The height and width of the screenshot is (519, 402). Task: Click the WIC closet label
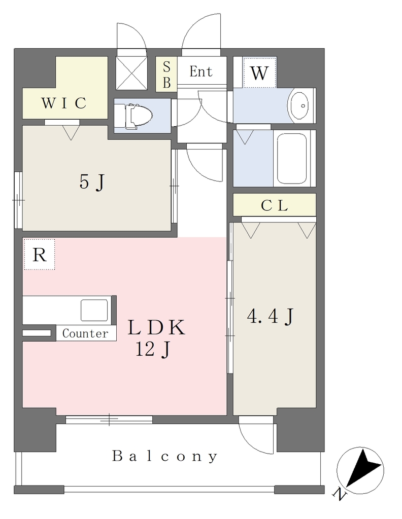point(63,103)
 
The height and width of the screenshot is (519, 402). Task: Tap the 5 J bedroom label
point(92,182)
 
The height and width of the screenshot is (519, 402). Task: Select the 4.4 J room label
point(270,316)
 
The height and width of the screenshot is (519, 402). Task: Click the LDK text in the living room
point(156,328)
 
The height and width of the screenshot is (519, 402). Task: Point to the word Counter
point(85,333)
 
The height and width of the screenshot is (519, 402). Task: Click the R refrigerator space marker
point(40,254)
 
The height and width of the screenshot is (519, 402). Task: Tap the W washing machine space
point(259,73)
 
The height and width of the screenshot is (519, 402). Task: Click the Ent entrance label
point(201,71)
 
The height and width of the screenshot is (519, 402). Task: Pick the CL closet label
point(274,206)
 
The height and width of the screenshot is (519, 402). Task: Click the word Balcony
point(165,457)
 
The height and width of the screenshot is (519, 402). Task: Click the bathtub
point(292,158)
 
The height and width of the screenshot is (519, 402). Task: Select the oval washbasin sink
point(300,105)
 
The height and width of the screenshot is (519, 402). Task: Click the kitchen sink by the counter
point(94,310)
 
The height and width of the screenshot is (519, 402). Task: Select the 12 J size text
point(153,349)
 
